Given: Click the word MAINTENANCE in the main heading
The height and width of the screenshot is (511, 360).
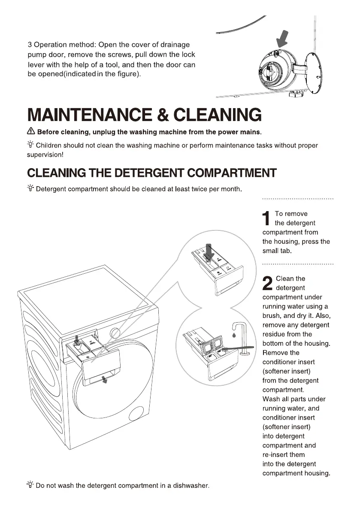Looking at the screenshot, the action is pos(89,115).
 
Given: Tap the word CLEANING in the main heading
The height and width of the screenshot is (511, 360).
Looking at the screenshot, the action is pos(217,115).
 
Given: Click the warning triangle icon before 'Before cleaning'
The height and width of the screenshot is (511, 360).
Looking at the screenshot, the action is pos(31,131).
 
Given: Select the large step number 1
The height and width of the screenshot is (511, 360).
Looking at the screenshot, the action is pos(266,218).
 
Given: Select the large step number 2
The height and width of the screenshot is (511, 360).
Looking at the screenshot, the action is pos(267,283).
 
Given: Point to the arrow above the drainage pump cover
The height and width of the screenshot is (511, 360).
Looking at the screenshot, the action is pos(282,39).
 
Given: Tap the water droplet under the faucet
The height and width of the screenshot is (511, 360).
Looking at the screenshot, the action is pos(234,334).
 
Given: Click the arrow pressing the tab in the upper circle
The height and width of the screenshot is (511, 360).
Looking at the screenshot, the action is pos(209,251).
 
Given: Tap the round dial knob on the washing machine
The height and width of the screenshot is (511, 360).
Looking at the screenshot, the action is pos(115,333).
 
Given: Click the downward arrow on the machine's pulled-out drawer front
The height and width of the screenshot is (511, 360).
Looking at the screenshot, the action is pos(104,380).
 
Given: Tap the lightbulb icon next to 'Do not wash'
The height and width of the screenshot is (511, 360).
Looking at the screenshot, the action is pos(30,484).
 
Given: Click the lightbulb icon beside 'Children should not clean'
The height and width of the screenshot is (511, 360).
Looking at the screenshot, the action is pos(30,144).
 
